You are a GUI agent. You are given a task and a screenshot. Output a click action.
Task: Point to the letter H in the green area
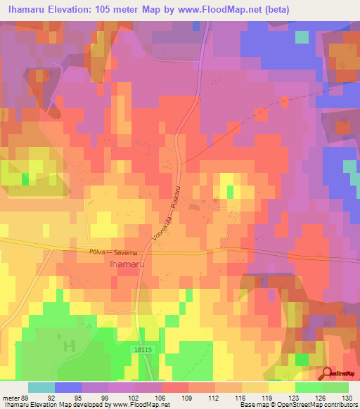pyautogui.click(x=69, y=346)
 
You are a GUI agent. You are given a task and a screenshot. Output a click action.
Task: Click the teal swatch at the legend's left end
pyautogui.click(x=41, y=387)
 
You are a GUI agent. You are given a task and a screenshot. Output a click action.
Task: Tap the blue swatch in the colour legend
pyautogui.click(x=68, y=387)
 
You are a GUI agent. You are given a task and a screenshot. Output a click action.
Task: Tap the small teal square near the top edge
pyautogui.click(x=302, y=37)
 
